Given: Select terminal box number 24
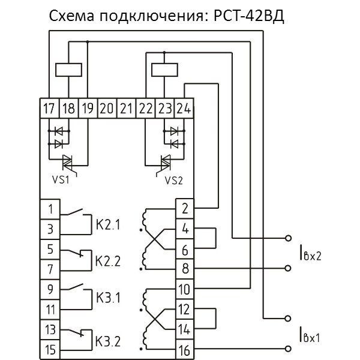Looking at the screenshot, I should point(185,109).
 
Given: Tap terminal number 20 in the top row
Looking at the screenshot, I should point(107,109).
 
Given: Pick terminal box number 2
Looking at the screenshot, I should point(184,208).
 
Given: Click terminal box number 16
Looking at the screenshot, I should point(184,348).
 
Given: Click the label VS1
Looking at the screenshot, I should point(59,178).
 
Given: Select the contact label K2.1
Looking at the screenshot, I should point(108,226).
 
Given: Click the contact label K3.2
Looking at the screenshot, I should point(108,342).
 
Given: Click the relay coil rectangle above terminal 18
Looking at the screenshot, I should point(68,70).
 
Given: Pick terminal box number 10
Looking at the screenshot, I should point(184,289).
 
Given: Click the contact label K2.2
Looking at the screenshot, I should point(108,262).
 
